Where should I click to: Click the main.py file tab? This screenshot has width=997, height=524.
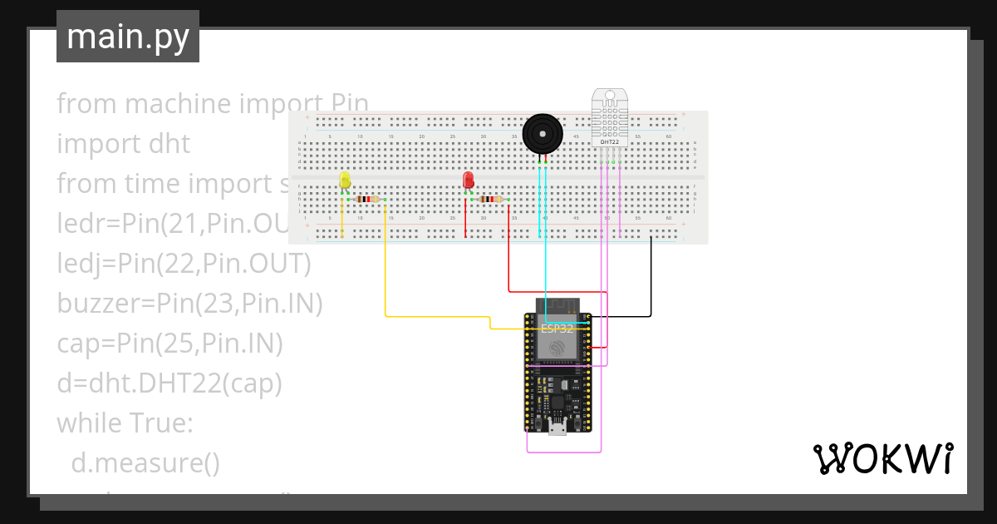[127, 37]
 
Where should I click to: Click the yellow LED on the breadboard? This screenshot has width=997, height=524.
[346, 180]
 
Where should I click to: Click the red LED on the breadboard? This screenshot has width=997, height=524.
[469, 179]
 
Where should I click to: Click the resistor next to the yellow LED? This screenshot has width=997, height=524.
[366, 200]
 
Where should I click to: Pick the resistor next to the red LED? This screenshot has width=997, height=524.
[491, 200]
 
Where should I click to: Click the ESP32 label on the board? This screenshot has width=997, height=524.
[557, 329]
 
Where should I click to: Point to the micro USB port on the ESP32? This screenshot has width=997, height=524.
[557, 428]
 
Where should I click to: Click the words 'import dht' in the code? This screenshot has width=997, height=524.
[123, 144]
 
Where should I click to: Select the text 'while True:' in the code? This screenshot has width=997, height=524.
[125, 423]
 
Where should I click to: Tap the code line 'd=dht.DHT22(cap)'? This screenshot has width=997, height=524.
[169, 383]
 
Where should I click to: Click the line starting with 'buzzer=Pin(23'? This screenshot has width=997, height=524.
[189, 304]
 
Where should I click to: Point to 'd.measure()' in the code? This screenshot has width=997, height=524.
[145, 462]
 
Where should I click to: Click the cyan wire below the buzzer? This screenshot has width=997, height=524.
[545, 250]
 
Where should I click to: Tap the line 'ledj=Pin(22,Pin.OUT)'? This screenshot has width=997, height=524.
[183, 264]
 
